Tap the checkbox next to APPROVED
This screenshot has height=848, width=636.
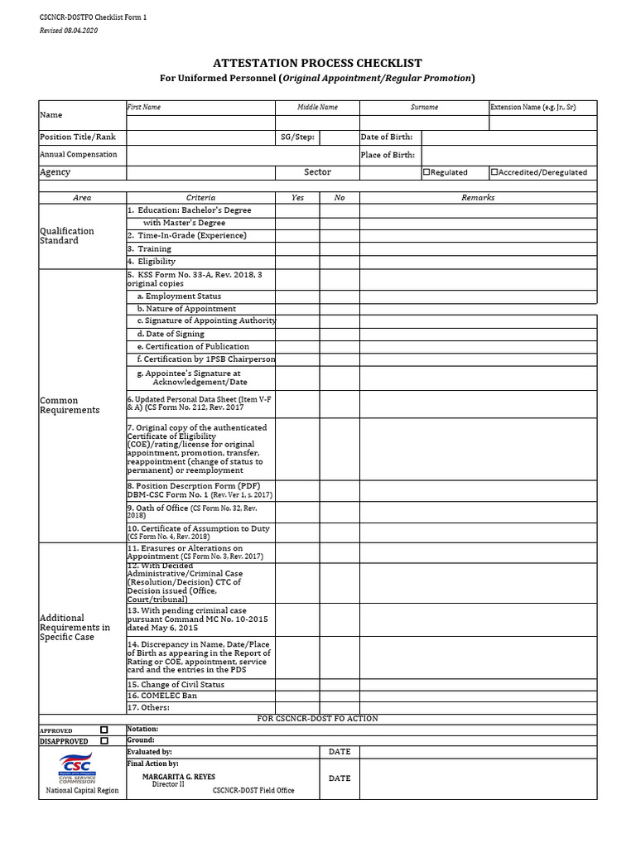coord(104,730)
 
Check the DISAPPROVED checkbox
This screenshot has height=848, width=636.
coord(104,741)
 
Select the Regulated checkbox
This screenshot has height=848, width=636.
coord(426,172)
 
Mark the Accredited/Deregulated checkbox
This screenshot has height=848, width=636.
coord(494,172)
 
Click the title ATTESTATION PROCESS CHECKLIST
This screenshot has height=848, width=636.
coord(318,63)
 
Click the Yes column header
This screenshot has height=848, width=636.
coord(297,198)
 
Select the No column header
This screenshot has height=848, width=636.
coord(340,198)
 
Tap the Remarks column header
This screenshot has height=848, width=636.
coord(478,198)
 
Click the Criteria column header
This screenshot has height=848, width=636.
coord(200,198)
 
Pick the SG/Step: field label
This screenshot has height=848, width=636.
coord(297,137)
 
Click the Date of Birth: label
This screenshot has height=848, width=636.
coord(386,137)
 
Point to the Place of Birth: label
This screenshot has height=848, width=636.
coord(388,155)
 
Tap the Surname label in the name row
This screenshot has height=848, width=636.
coord(424,108)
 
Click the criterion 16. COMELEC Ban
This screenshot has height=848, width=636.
coord(162,696)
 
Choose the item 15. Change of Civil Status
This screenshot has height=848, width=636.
coord(176,685)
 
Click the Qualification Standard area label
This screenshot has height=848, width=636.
coord(67,236)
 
